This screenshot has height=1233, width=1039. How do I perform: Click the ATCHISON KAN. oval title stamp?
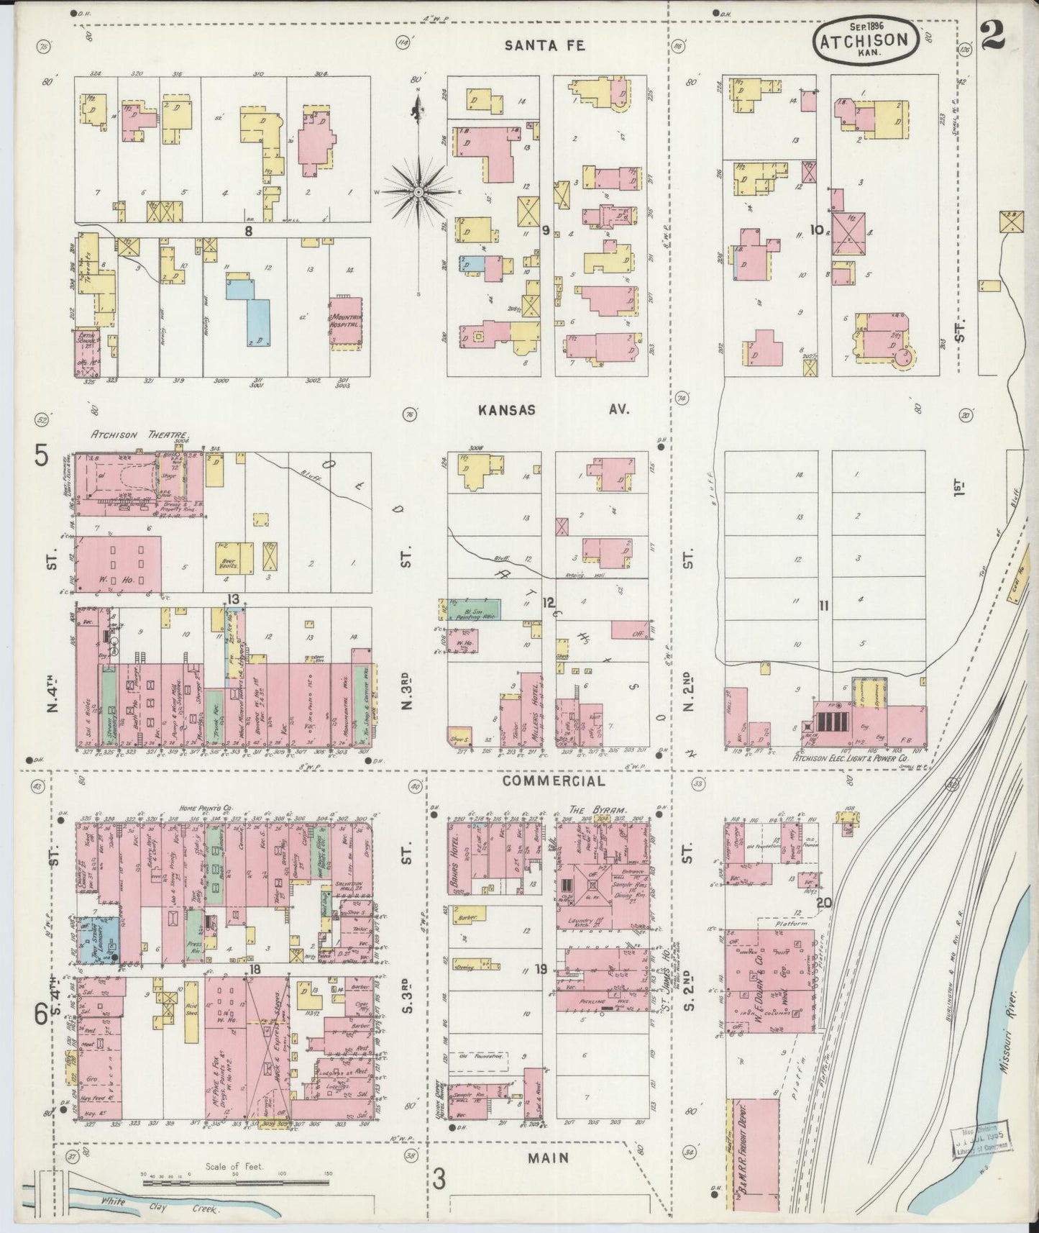point(866,41)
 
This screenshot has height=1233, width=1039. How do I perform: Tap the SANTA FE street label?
point(544,45)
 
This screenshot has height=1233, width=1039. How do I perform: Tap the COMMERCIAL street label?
point(554,781)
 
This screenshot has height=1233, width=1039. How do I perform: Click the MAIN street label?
point(549,1158)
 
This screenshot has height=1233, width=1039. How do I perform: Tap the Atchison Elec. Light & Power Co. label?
point(850,757)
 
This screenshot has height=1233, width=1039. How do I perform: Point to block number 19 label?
point(540,970)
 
